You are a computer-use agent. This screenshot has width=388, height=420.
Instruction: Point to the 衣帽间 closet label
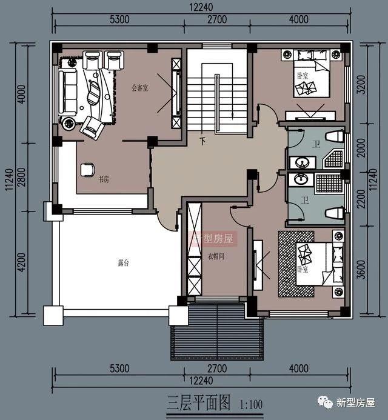[x=216, y=256]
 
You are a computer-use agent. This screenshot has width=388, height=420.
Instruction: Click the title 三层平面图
[x=199, y=402]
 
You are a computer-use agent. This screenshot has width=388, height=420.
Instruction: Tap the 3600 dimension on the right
[x=360, y=271]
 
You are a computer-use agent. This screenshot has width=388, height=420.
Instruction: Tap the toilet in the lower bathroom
[x=334, y=213]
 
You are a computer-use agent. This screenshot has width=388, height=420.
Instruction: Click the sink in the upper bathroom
[x=300, y=162]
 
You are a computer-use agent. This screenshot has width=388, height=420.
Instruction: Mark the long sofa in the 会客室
[x=67, y=92]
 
